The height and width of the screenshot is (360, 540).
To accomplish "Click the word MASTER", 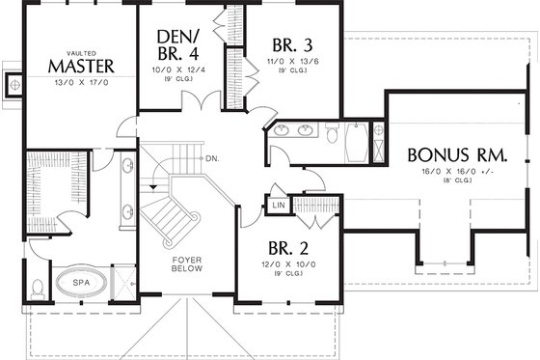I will pyautogui.click(x=82, y=66).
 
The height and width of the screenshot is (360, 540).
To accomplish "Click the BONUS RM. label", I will pyautogui.click(x=457, y=154).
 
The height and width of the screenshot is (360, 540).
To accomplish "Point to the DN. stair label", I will pyautogui.click(x=211, y=157).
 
